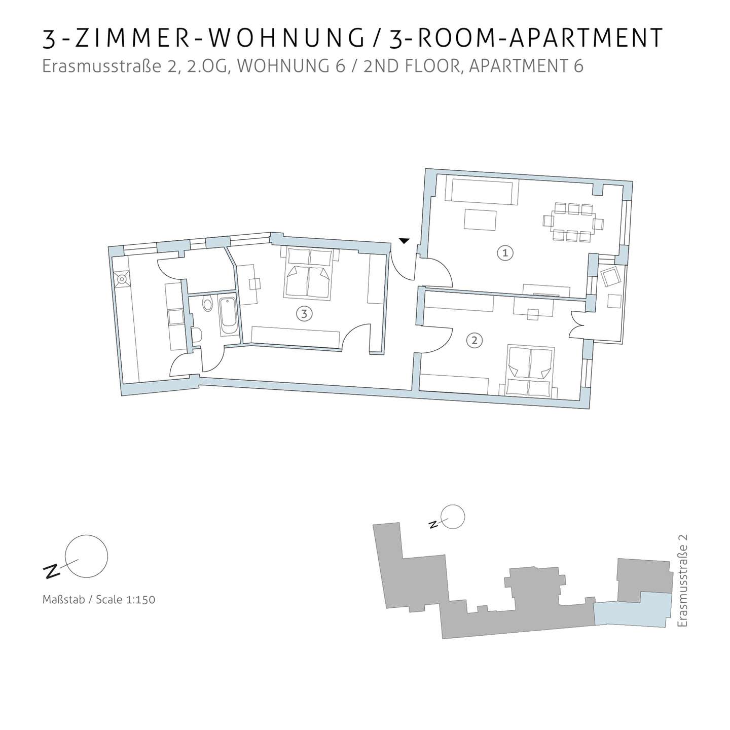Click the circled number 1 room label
tap(505, 253)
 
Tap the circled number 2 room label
tap(474, 341)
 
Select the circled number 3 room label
tap(304, 314)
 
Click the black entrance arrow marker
tap(404, 241)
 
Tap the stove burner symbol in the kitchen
tap(122, 279)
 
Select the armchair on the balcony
tap(609, 277)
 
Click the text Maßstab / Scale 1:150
tap(99, 600)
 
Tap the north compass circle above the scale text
tap(86, 556)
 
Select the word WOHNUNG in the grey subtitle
tap(291, 66)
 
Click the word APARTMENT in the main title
tap(586, 39)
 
